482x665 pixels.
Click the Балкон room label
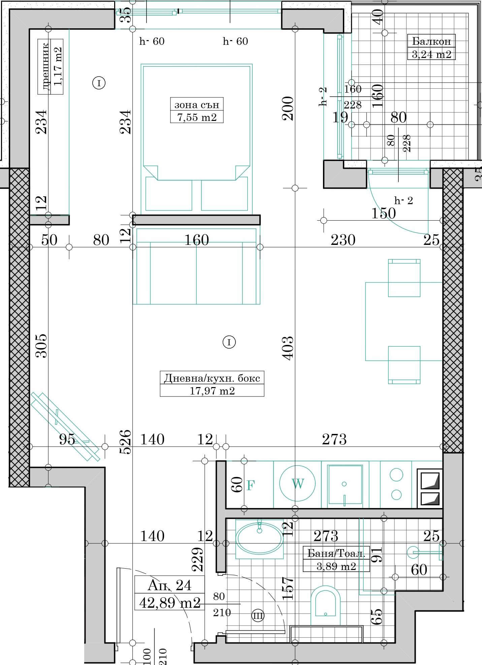click(x=431, y=41)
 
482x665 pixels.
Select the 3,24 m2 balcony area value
click(x=431, y=54)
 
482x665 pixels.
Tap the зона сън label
click(x=197, y=105)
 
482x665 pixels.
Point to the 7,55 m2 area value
click(x=197, y=117)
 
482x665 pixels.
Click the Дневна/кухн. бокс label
click(x=212, y=378)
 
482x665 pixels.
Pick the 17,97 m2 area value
click(x=212, y=390)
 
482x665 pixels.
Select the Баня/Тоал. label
click(x=336, y=553)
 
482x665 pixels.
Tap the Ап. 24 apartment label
click(x=169, y=585)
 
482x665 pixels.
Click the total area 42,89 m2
click(x=170, y=602)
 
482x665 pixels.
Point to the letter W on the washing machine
click(x=298, y=484)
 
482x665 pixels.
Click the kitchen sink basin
click(x=345, y=484)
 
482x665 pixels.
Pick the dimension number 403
click(x=288, y=348)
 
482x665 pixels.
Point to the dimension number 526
click(x=125, y=442)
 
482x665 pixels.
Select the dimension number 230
click(x=343, y=240)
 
